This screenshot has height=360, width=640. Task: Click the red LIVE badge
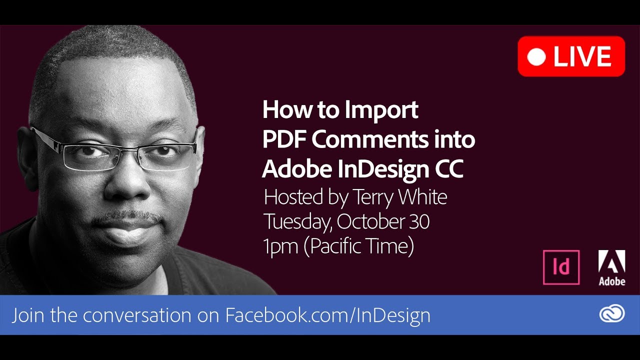(x=571, y=56)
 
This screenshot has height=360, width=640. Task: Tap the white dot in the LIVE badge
(x=536, y=56)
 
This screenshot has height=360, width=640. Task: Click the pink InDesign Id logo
(x=561, y=267)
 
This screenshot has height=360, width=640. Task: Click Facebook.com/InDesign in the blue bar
(x=327, y=315)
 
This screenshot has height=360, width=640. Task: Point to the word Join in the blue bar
(x=29, y=315)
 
